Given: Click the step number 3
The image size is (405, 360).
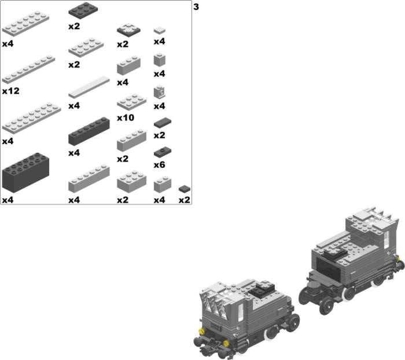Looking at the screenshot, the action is tap(196, 7).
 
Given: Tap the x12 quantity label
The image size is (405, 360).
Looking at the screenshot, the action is tap(11, 91).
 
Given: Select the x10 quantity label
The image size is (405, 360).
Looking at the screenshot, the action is tap(126, 118).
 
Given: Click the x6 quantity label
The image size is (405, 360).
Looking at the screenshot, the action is tap(159, 164).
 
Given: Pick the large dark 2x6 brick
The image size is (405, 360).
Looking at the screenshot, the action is tap(25, 172).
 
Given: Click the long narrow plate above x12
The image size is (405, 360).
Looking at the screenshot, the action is tap(28, 69).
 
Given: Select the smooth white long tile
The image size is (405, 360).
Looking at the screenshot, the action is tap(89, 87).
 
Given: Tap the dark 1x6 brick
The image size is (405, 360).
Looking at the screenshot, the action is tap(89, 131).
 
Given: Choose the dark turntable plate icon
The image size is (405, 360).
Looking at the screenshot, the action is tap(128, 30).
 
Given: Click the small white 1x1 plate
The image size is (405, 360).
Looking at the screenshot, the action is tap(160, 30).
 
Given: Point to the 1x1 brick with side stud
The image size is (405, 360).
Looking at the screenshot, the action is tap(159, 93).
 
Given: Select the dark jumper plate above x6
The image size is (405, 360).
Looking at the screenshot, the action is tap(163, 152).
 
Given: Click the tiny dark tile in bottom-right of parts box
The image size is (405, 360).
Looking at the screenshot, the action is tap(185, 189).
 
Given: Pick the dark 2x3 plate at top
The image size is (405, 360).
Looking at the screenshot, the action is tap(83, 10).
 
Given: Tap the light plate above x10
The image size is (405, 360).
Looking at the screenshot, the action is tap(132, 102).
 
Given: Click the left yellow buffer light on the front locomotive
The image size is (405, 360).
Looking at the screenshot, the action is tap(200, 331).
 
